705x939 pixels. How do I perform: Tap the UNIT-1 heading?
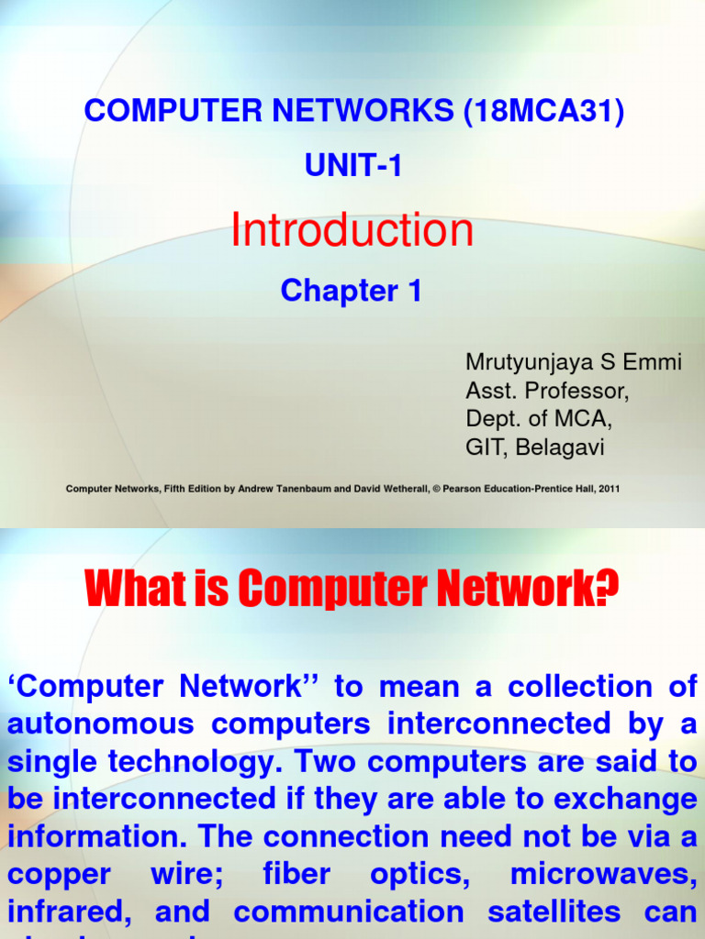(x=352, y=166)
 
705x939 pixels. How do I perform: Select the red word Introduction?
(x=352, y=230)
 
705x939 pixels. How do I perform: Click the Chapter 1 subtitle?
(x=352, y=291)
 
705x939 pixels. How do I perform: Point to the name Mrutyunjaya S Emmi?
(x=574, y=362)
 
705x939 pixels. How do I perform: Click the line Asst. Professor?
(x=548, y=391)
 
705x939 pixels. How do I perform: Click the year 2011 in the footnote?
(x=609, y=489)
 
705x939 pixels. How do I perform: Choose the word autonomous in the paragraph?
(x=100, y=724)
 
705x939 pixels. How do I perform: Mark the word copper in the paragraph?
(x=60, y=874)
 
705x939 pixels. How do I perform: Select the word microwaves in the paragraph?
(x=603, y=874)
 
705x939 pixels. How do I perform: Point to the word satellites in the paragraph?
(x=554, y=911)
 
